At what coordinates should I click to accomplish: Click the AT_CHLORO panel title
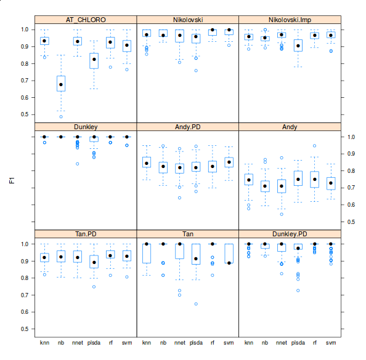coord(85,20)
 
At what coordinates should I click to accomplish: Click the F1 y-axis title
coord(11,180)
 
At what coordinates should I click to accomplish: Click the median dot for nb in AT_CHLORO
coord(61,84)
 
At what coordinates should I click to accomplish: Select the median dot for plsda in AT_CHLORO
coord(94,59)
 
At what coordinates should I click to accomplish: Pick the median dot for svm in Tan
coord(229,263)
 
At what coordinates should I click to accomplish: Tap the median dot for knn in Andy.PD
coord(147,163)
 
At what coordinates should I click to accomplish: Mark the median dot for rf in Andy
coord(315,179)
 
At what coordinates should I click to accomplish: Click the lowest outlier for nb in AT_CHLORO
coord(61,116)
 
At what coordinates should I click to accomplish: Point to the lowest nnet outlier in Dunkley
coord(78,164)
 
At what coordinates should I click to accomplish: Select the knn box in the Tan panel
coord(147,254)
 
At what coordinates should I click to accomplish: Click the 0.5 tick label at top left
coord(25,114)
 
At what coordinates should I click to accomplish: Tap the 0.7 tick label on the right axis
coord(350,188)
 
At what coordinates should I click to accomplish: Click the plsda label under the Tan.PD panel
coord(94,342)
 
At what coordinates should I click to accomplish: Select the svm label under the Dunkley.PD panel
coord(331,342)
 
